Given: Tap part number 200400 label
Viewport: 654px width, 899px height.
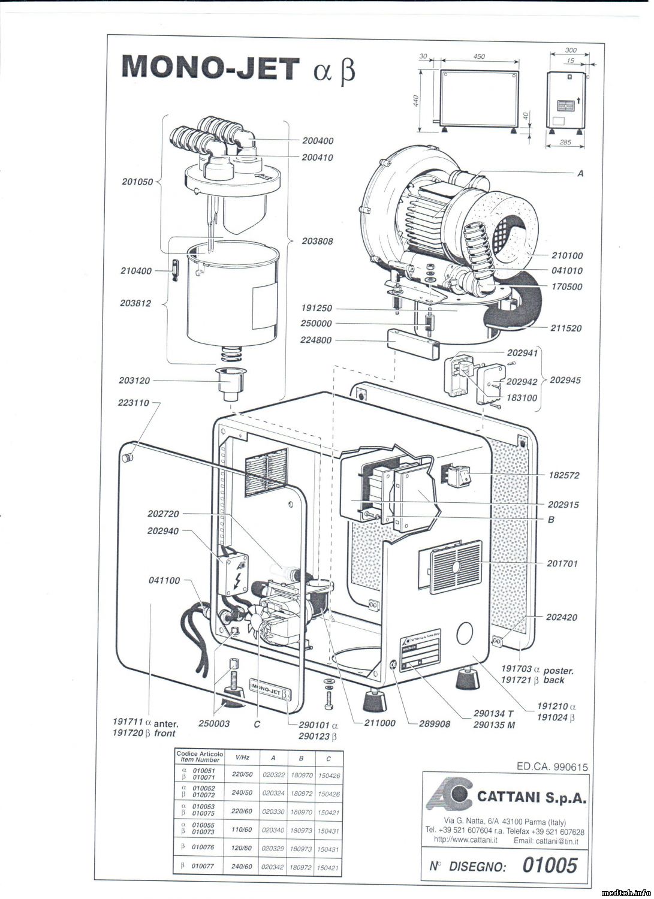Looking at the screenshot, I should tap(318, 141).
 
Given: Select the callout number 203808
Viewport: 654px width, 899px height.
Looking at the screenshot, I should tap(318, 241).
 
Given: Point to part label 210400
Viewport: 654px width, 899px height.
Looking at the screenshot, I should tap(136, 271).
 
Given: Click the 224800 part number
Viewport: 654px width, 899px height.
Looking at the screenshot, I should tap(316, 340).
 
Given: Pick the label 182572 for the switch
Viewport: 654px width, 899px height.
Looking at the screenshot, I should tap(563, 475).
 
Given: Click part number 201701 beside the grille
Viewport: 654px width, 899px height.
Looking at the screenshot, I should tap(562, 563).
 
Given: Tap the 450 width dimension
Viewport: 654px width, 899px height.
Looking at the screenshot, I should tap(479, 56).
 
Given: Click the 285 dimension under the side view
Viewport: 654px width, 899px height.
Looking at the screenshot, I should tap(564, 142).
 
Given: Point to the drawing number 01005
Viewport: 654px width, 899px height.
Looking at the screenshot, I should tap(550, 865).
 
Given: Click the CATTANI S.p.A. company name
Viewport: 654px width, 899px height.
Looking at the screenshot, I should tap(531, 797).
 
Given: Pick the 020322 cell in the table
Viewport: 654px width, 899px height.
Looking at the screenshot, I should tap(273, 775).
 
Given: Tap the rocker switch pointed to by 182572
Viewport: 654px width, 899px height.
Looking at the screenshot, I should tap(464, 477).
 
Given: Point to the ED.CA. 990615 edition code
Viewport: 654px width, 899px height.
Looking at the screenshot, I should tap(551, 767).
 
